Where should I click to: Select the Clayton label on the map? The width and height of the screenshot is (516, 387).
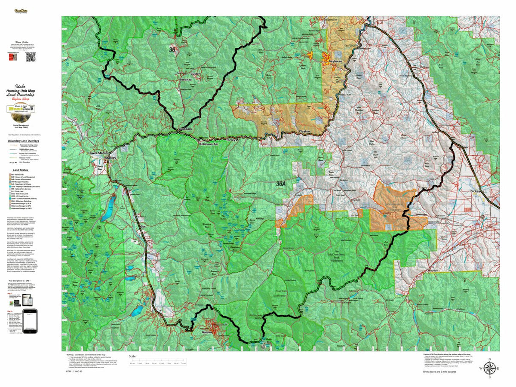(x=304, y=132)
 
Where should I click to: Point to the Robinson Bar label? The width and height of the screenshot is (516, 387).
(x=209, y=144)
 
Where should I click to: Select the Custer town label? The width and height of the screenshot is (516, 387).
(x=195, y=74)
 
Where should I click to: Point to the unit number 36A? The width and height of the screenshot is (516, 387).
(x=281, y=184)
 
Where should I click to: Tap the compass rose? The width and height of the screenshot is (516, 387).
(x=489, y=368)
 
